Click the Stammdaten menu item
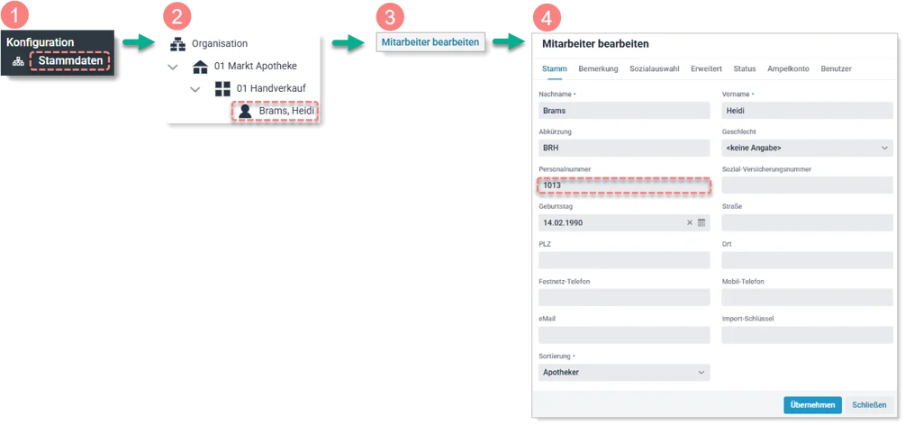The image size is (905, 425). click(70, 61)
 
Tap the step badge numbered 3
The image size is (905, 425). click(389, 17)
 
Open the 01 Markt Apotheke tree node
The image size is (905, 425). click(255, 66)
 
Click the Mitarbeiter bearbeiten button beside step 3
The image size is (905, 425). click(430, 41)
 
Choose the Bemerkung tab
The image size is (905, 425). click(598, 68)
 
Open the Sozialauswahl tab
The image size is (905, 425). click(655, 68)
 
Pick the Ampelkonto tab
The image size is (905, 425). click(788, 68)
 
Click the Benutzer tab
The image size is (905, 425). click(836, 68)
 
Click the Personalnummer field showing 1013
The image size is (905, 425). click(624, 185)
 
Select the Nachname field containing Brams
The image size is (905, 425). click(624, 111)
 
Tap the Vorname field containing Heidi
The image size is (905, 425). click(807, 111)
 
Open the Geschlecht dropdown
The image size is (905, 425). click(807, 148)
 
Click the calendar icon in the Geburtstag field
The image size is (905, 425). click(702, 222)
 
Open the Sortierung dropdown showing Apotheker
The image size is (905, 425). click(624, 372)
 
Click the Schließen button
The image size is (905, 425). click(869, 405)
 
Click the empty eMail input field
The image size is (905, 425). click(624, 335)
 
